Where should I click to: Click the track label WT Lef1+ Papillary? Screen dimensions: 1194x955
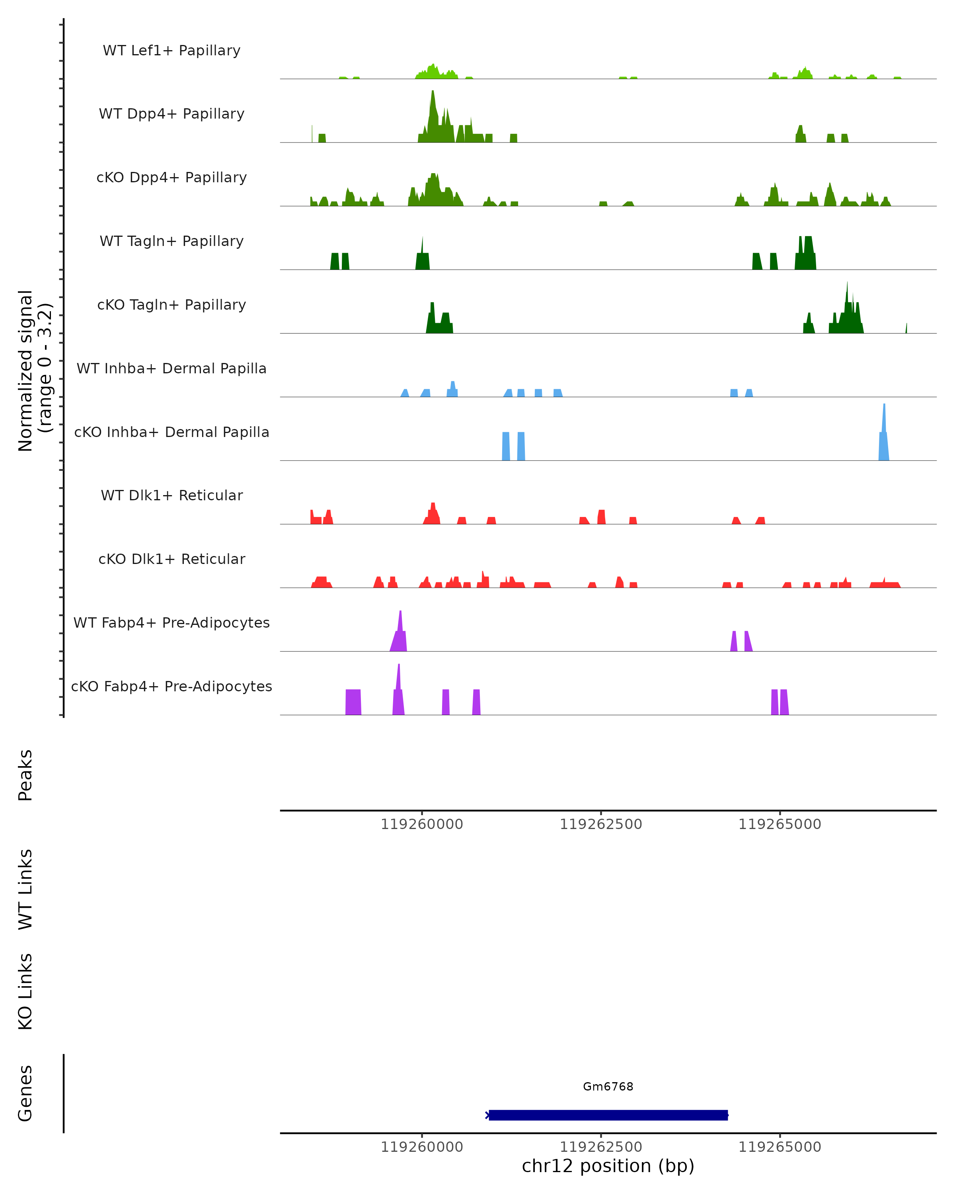(172, 51)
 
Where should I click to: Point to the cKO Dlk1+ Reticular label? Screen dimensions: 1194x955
(172, 559)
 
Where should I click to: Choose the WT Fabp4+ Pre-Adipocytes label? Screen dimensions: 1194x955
(172, 622)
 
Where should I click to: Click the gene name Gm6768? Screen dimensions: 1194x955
(608, 1087)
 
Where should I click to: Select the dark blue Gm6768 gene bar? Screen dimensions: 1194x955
(608, 1115)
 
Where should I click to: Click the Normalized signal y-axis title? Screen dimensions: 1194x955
(34, 371)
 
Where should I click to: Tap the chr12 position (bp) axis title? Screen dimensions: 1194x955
(608, 1166)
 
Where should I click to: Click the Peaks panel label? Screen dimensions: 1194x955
(25, 775)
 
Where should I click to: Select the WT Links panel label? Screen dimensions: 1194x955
(25, 889)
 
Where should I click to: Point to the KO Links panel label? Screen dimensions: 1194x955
(25, 991)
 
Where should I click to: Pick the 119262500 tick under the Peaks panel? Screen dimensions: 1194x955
(601, 824)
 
